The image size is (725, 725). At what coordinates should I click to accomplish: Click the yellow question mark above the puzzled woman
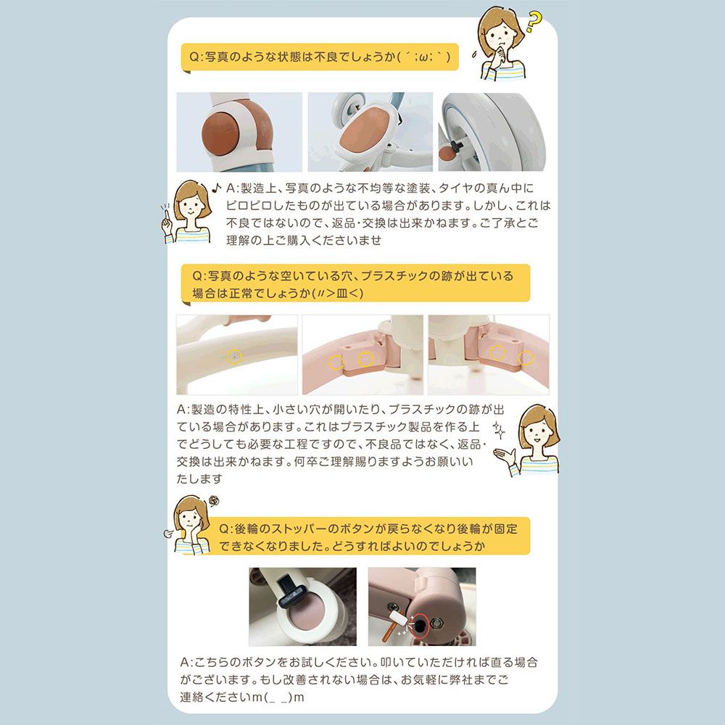coord(534,22)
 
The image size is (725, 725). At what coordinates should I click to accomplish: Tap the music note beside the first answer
coord(216,187)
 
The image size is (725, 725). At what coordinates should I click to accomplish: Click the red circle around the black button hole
coord(420,625)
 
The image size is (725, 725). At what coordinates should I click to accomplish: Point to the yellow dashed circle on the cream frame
coord(234,357)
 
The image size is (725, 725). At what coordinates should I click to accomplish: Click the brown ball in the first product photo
coord(220,135)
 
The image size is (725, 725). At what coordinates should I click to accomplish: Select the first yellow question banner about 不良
coord(320,57)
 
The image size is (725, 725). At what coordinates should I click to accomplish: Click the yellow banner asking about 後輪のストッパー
coord(370,536)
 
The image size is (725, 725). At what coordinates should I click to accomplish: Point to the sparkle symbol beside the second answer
coord(499,429)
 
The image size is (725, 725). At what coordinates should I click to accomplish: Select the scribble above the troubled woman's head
coord(213,501)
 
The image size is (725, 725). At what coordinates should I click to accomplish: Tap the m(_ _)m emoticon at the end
coord(277,697)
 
